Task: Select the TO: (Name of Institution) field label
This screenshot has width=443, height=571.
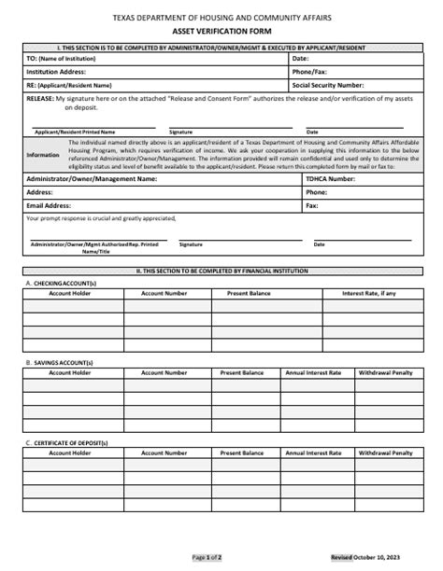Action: (x=63, y=58)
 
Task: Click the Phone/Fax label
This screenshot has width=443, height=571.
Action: (x=309, y=70)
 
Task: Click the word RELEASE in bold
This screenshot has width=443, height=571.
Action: (x=39, y=96)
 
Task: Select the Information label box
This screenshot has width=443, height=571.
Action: (x=42, y=155)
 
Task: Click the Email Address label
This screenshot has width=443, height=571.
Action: (x=50, y=205)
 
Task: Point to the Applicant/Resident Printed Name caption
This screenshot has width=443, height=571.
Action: (x=76, y=132)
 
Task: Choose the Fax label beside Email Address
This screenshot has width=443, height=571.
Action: (x=312, y=205)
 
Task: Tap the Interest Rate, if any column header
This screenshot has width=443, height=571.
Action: (x=369, y=293)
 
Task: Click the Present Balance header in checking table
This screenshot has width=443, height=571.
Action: (x=248, y=293)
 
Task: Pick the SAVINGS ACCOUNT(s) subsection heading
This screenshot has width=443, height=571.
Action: (x=62, y=362)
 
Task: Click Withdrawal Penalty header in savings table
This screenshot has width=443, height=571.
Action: (x=385, y=372)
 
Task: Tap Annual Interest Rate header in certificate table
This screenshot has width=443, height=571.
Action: (x=313, y=453)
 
